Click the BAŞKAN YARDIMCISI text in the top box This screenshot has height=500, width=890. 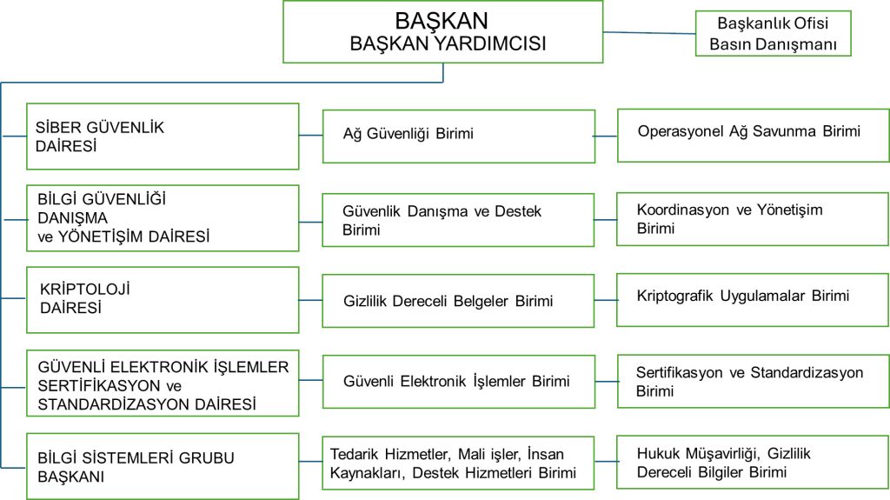448,44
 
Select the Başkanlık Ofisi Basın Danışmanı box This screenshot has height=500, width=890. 772,33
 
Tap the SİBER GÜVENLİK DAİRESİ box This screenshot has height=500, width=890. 163,136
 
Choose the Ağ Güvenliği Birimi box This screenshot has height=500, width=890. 458,136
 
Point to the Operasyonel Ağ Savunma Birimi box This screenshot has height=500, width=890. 753,135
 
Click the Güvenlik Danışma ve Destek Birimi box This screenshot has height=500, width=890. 458,220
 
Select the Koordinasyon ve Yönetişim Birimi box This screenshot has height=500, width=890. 753,218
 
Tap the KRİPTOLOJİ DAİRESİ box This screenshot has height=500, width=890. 163,299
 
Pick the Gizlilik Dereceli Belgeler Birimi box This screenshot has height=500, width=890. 458,301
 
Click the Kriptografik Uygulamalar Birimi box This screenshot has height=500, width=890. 753,299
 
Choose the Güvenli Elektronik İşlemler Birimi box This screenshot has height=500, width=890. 458,381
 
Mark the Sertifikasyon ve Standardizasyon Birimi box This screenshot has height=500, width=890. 753,381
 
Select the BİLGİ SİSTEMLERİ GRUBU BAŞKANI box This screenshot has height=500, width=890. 163,466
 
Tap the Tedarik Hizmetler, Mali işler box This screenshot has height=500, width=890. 458,463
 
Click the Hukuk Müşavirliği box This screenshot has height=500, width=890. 753,463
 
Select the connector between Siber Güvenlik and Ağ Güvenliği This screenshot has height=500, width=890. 310,135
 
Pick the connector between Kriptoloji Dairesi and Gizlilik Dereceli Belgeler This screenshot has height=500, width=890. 310,299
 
